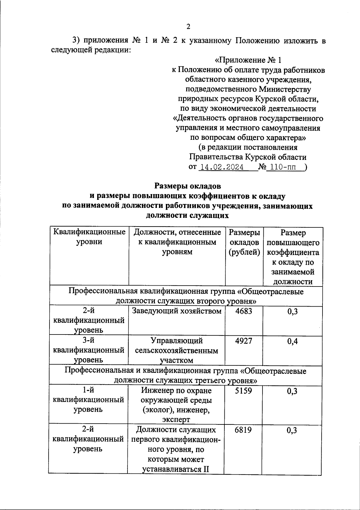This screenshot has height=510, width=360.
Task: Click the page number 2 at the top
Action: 188,27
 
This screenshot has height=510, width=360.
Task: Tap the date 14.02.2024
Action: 221,167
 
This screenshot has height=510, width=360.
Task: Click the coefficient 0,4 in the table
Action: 292,341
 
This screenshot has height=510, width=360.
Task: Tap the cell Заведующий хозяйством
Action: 177,311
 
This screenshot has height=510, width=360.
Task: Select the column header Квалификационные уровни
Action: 89,237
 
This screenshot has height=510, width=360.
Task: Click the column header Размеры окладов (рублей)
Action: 244,242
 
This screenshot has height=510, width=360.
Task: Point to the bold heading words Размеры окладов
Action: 188,186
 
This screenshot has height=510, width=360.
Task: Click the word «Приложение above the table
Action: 240,60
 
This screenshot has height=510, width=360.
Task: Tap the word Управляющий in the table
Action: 177,341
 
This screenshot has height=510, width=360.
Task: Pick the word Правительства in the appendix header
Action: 216,157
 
